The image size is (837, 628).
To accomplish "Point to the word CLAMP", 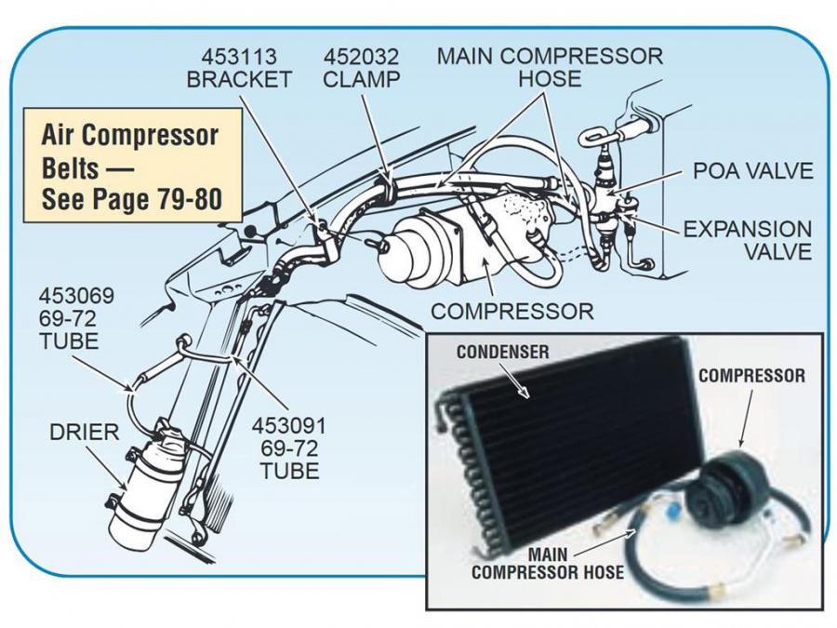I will pyautogui.click(x=361, y=78).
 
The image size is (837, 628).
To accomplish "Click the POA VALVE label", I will pyautogui.click(x=752, y=171).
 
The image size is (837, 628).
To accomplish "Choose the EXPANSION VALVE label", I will pyautogui.click(x=748, y=240).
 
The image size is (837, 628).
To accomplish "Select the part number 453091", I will pyautogui.click(x=289, y=425).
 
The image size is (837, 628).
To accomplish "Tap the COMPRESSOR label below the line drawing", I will pyautogui.click(x=511, y=311).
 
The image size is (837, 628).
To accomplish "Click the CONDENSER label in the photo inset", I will pyautogui.click(x=503, y=352).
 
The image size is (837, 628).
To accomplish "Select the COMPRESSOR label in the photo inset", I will pyautogui.click(x=751, y=376).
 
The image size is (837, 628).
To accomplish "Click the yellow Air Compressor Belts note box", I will pyautogui.click(x=131, y=167).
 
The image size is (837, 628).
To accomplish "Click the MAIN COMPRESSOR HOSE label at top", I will pyautogui.click(x=550, y=66).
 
